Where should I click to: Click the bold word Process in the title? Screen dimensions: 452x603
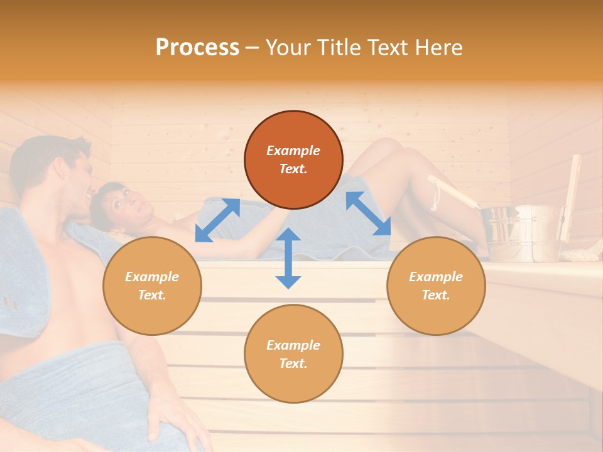click(197, 48)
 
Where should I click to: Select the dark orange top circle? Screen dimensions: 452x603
click(293, 159)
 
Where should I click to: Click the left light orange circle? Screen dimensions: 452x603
click(152, 286)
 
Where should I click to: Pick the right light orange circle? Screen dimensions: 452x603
click(436, 286)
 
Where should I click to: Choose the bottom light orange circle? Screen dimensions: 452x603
click(293, 354)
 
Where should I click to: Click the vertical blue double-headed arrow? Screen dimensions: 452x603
click(288, 258)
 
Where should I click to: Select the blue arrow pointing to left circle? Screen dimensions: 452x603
click(217, 220)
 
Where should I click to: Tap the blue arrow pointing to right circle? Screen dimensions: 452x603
click(368, 214)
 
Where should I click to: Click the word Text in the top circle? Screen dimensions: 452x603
click(293, 169)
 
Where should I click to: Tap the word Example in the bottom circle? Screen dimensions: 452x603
click(293, 345)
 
